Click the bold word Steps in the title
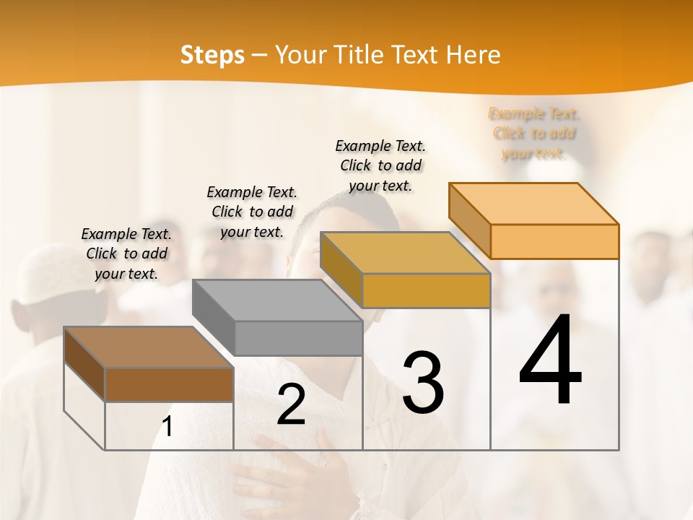click(212, 55)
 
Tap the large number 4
click(550, 361)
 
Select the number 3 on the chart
click(422, 383)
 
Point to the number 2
click(291, 405)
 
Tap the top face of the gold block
click(405, 253)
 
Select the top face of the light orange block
click(534, 204)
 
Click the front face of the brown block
click(169, 384)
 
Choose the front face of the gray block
click(298, 338)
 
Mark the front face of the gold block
click(426, 291)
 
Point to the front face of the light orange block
click(554, 241)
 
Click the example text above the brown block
click(126, 253)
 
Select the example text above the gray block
click(252, 212)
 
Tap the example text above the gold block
click(380, 165)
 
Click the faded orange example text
click(534, 133)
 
